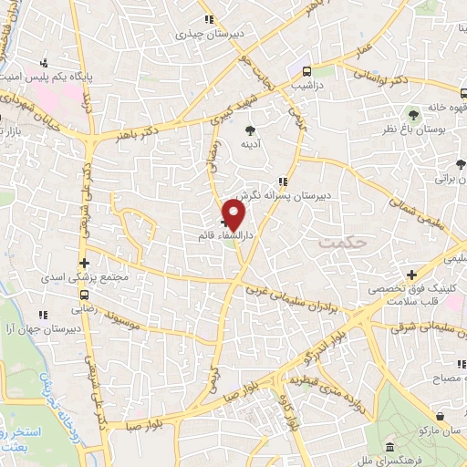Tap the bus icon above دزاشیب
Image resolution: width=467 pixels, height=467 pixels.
pos(306,70)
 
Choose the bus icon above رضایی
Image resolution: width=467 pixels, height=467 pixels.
pos(85,295)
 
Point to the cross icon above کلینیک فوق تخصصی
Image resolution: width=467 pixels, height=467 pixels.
pos(411,274)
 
